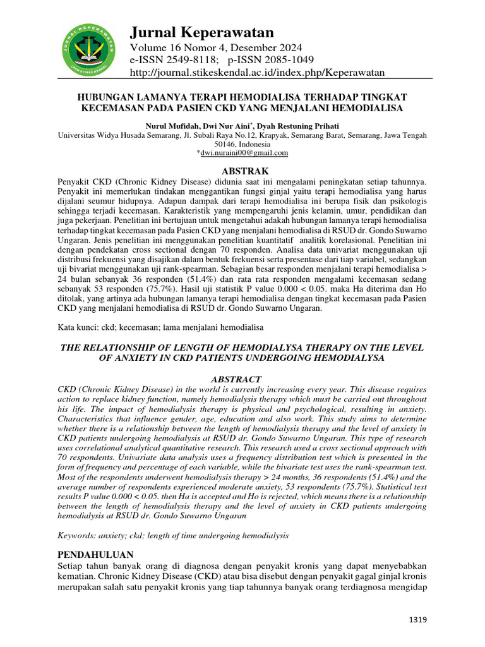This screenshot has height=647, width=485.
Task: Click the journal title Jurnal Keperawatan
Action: click(x=201, y=32)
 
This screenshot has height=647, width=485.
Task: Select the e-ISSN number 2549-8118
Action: click(x=187, y=60)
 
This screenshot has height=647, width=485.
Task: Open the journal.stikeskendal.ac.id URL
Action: click(x=257, y=73)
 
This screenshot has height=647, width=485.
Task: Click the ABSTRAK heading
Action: click(x=243, y=171)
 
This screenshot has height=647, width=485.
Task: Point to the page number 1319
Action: click(x=417, y=620)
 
